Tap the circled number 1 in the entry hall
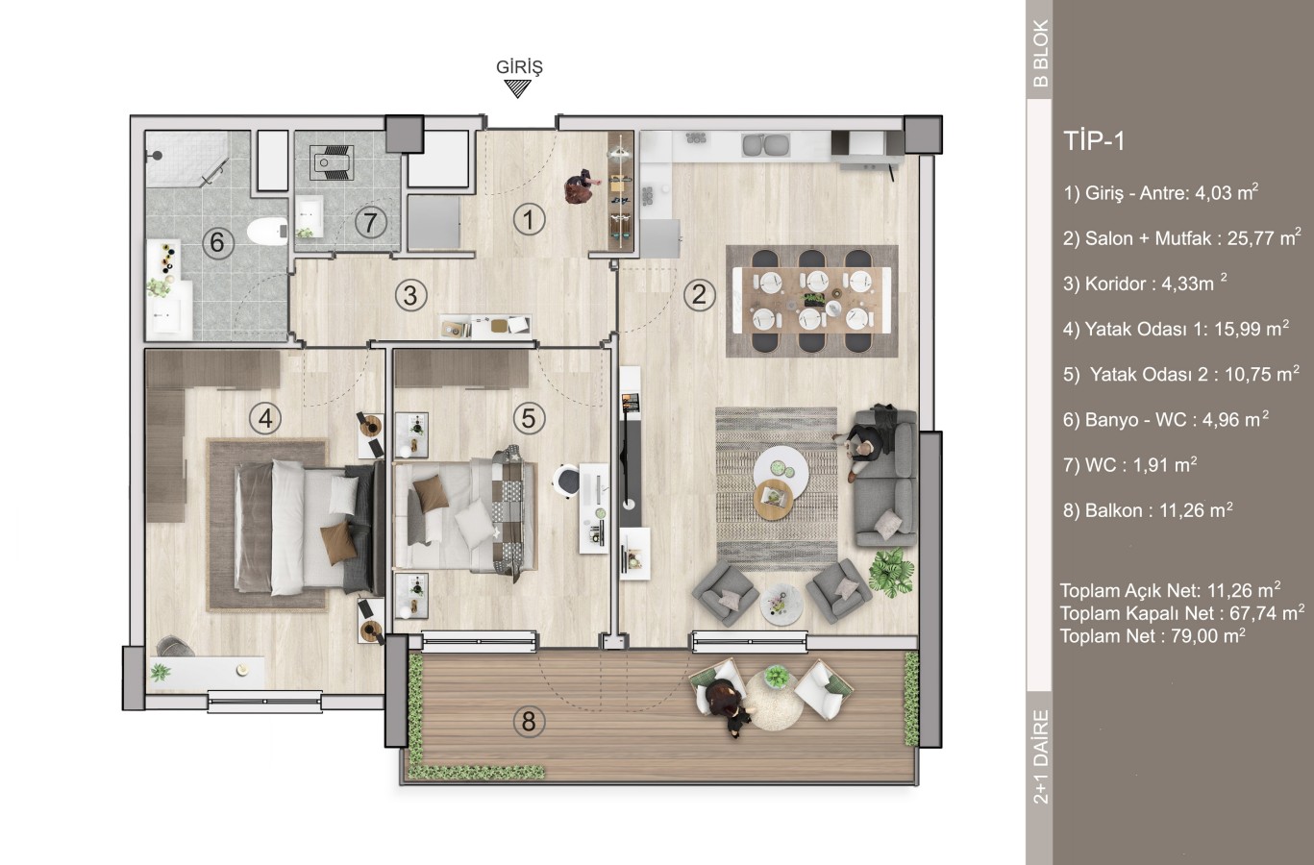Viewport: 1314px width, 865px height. point(529,219)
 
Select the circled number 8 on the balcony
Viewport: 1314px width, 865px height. point(529,721)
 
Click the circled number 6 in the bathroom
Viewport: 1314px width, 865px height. point(217,242)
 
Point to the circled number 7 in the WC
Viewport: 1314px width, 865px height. point(370,222)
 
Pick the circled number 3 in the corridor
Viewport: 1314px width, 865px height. point(410,295)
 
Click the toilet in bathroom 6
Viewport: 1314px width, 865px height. point(267,231)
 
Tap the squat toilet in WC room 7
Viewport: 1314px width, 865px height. point(332,161)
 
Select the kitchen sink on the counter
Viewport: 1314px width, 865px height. point(765,145)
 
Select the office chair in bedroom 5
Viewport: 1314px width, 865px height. point(566,482)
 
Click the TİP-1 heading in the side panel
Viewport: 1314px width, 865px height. point(1094,141)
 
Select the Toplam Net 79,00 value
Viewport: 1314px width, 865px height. point(1208,635)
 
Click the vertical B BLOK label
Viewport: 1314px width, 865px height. point(1039,54)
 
